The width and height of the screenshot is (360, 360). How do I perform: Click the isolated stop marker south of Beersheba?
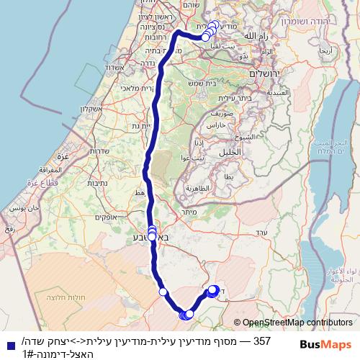(163, 292)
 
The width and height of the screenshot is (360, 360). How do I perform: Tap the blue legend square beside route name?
(8, 343)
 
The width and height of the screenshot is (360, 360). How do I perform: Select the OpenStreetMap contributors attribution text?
(297, 323)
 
